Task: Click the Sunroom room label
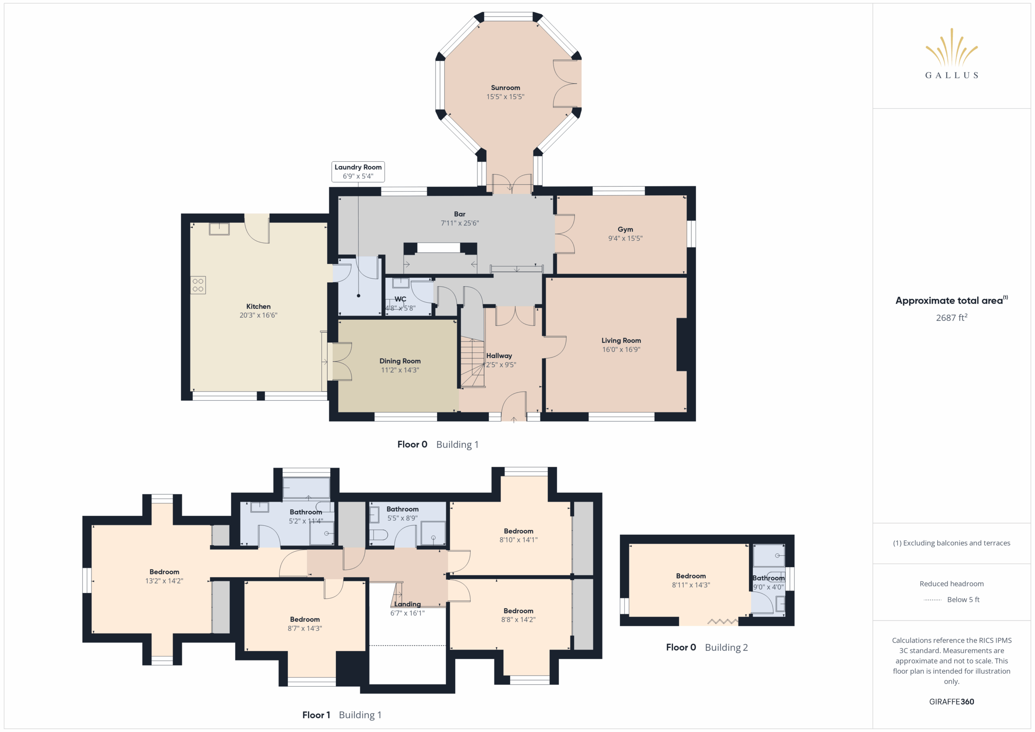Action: [505, 88]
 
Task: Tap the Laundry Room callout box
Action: [358, 172]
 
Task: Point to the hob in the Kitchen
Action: [198, 285]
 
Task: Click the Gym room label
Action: [625, 230]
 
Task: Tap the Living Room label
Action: [621, 341]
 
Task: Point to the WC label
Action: [400, 299]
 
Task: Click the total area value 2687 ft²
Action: [951, 318]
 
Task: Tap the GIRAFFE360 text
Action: [951, 702]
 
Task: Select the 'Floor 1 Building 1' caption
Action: [342, 715]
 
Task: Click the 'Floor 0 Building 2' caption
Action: [707, 647]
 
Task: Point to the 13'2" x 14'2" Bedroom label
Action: [164, 572]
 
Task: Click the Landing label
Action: [408, 604]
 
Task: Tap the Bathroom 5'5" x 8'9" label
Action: [403, 509]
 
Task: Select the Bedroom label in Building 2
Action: [691, 576]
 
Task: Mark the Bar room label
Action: [460, 214]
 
